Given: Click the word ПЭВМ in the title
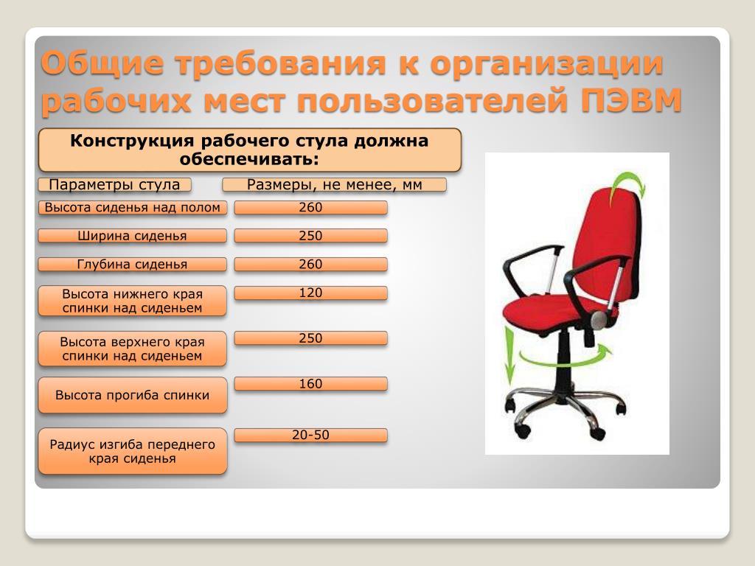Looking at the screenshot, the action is (x=631, y=99).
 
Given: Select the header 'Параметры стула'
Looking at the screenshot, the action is (x=114, y=184).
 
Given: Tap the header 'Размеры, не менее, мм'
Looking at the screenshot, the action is (x=334, y=184).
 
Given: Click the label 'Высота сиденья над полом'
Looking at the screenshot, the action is (x=133, y=207).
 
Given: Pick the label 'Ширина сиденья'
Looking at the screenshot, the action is (x=133, y=236).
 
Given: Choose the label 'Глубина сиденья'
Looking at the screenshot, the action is (x=133, y=265).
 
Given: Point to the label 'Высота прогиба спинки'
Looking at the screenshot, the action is (x=133, y=395).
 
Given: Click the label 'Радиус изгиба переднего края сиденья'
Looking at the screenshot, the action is (x=133, y=451).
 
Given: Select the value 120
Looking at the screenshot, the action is (x=310, y=293).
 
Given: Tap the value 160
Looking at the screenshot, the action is (x=310, y=383).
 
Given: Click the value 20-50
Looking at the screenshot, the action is (x=310, y=435).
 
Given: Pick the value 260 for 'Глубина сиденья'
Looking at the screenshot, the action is (x=310, y=265).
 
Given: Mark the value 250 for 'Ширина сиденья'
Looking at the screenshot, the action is (x=310, y=236).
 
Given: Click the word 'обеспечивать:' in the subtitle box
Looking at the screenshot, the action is (x=249, y=159).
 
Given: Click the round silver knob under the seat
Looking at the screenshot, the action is (x=599, y=319).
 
